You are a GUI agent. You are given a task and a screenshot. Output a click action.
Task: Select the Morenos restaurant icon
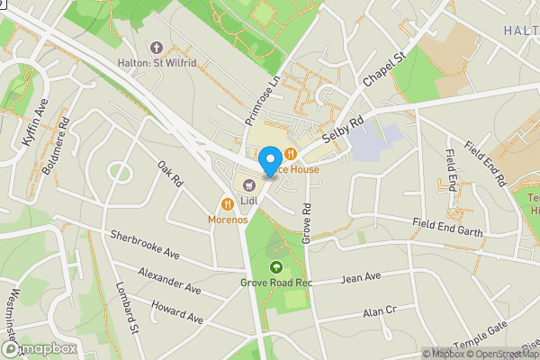229,204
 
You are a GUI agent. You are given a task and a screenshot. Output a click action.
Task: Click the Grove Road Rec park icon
275,266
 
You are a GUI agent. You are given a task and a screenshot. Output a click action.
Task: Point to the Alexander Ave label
169,280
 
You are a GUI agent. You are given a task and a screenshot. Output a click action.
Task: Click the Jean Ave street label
361,277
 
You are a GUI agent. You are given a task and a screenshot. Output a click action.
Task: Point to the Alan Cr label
379,311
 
